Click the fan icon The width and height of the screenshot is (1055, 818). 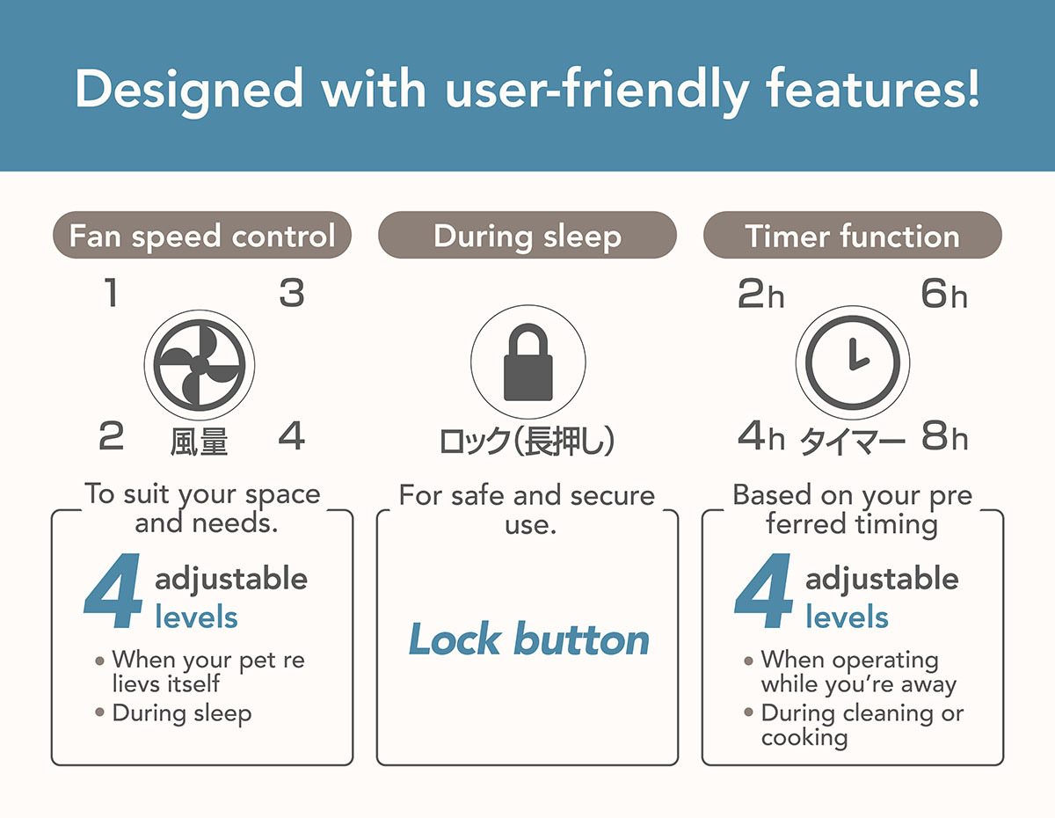(199, 365)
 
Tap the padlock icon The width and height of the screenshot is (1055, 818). (527, 362)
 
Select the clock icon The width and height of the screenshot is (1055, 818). (853, 363)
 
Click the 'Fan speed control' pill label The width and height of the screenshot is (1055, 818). (202, 235)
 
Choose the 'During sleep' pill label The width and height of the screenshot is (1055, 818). (527, 235)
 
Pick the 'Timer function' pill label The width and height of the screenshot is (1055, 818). (853, 235)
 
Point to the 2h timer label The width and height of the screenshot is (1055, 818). (760, 294)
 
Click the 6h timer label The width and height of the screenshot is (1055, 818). (944, 294)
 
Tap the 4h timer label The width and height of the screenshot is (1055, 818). (761, 435)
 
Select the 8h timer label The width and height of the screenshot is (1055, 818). (945, 435)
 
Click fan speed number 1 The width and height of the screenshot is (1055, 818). (111, 293)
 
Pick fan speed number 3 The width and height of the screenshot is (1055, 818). (292, 293)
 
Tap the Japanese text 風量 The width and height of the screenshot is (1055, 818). (199, 442)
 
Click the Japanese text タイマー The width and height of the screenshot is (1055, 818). (852, 442)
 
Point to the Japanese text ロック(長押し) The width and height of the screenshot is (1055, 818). (527, 441)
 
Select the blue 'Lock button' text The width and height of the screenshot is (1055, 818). (528, 639)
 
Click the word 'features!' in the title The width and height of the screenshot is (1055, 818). (873, 88)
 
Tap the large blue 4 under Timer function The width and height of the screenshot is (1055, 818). (763, 590)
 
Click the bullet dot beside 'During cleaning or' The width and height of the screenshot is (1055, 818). (748, 712)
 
